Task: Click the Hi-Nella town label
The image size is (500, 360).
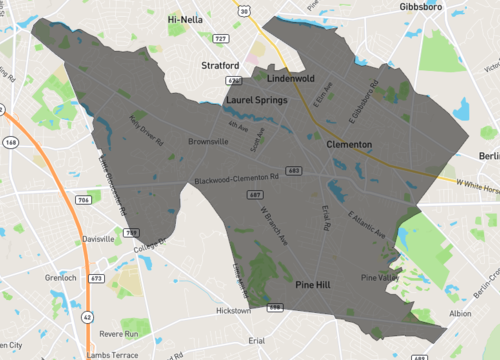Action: tap(188, 19)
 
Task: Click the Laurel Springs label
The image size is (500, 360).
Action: tap(257, 100)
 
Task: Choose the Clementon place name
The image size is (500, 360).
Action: tap(349, 145)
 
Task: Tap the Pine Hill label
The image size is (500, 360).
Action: tap(320, 285)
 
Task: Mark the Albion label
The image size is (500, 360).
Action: tap(460, 313)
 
